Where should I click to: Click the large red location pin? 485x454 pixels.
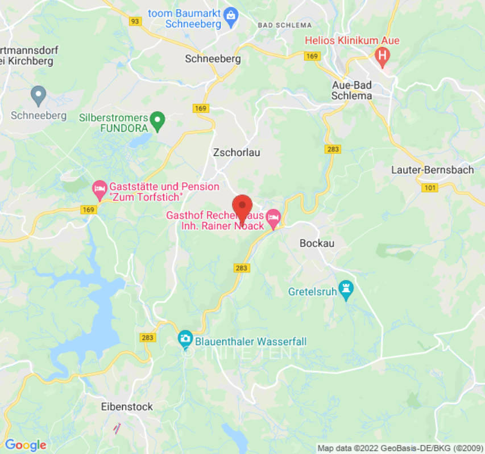coord(243,208)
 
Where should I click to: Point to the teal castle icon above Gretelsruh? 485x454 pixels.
coord(345,289)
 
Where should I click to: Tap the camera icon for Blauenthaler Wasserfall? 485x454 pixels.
coord(185,339)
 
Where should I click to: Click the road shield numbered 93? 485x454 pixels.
coord(135,21)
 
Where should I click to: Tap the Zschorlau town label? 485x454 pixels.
coord(237,152)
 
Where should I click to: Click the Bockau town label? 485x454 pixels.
coord(317,243)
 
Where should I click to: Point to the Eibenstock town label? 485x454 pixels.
coord(127,407)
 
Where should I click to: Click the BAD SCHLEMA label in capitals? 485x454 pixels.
coord(284,25)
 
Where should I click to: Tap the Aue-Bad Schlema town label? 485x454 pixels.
coord(352,90)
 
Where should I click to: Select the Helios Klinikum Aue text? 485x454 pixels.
coord(352,41)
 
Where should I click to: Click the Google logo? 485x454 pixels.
coord(25,445)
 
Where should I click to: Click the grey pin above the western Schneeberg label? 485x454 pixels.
coord(38,95)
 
